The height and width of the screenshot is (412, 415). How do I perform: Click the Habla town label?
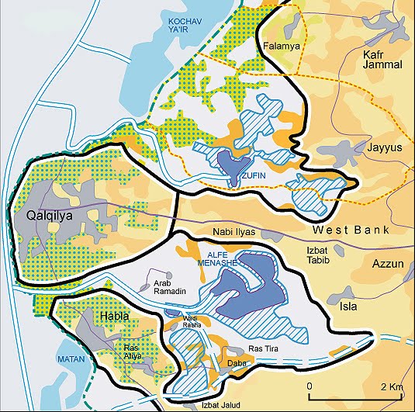coord(115,316)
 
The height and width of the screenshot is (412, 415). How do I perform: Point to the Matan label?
coord(70,360)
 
